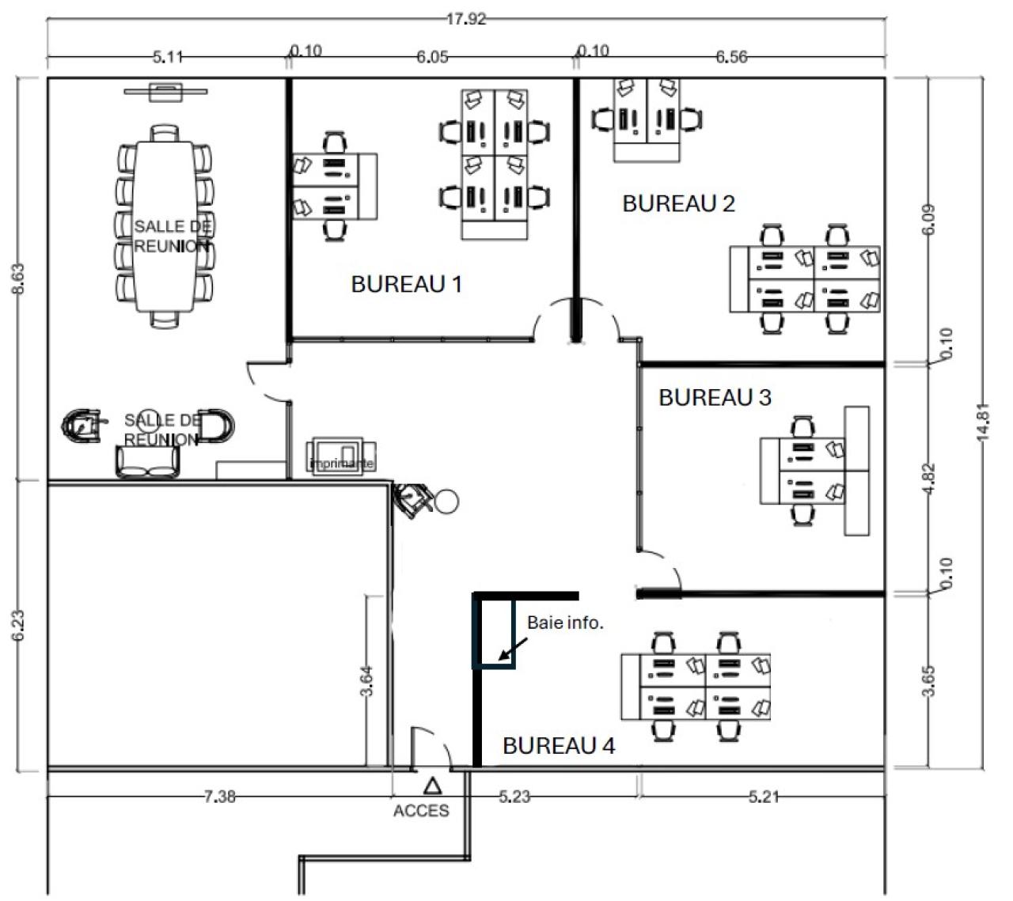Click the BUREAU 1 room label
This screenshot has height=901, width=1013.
coord(406,284)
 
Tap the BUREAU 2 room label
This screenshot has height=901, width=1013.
coord(678,203)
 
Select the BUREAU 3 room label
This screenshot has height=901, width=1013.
coord(715,397)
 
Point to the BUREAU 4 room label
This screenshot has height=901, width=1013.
coord(559,745)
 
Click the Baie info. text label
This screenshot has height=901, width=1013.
coord(565,623)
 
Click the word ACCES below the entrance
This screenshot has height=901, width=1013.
coord(421,811)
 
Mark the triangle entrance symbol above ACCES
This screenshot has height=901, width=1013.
coord(432,786)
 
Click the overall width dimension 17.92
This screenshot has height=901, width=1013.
coord(465,20)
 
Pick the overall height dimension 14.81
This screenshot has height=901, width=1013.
coord(982,422)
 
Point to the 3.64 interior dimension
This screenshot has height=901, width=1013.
coord(366,680)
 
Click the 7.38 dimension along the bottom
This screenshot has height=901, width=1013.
coord(219,797)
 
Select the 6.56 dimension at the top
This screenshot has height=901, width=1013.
coord(730,57)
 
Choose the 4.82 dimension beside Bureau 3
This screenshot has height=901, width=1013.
coord(931,478)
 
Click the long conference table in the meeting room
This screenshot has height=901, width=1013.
coord(165,226)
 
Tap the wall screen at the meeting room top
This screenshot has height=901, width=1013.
coord(166,91)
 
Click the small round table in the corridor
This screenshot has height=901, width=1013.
coord(446,501)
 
